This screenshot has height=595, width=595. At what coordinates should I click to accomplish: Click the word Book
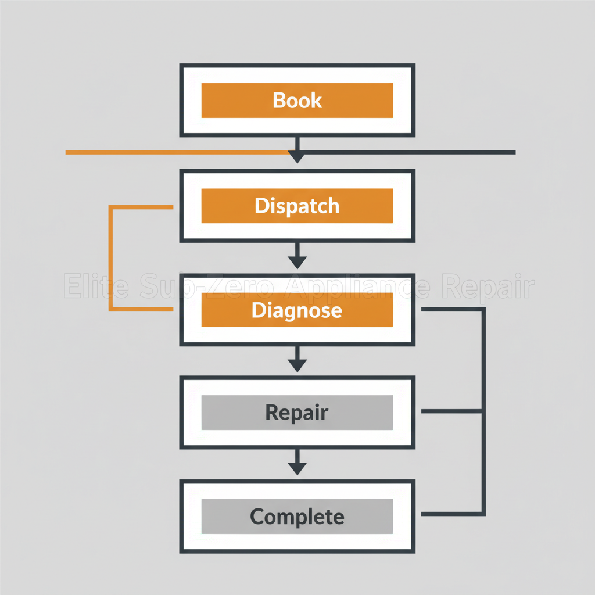pyautogui.click(x=297, y=101)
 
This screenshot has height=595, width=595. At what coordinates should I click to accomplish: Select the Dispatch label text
pyautogui.click(x=297, y=206)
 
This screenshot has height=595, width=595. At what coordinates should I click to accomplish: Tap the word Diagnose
pyautogui.click(x=297, y=310)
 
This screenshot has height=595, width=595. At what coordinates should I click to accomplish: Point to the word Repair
pyautogui.click(x=297, y=412)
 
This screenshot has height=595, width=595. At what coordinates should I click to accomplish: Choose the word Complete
pyautogui.click(x=297, y=516)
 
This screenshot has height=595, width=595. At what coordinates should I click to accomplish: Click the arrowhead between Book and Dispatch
pyautogui.click(x=297, y=156)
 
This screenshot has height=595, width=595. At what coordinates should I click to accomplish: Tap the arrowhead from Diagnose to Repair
pyautogui.click(x=297, y=365)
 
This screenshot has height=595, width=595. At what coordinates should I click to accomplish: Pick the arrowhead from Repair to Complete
pyautogui.click(x=297, y=468)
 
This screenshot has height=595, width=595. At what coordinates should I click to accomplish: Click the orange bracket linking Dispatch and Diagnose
pyautogui.click(x=110, y=258)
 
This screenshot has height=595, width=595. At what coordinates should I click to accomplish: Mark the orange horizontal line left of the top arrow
pyautogui.click(x=174, y=152)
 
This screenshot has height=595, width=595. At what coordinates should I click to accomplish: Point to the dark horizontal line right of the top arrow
pyautogui.click(x=407, y=152)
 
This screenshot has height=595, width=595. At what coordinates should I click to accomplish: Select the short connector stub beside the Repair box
pyautogui.click(x=450, y=411)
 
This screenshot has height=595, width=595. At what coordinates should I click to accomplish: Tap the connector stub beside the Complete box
pyautogui.click(x=450, y=514)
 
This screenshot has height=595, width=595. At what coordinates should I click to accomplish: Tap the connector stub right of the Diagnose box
pyautogui.click(x=450, y=310)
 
